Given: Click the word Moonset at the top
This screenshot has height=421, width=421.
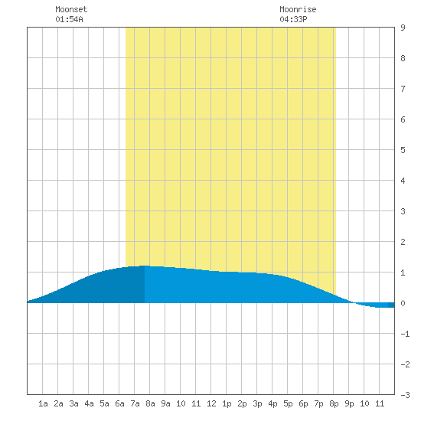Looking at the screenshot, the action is pos(71,9).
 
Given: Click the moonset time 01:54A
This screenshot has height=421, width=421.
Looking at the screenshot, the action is pos(69,19).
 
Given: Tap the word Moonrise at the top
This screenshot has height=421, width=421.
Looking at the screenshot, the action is pos(298,9).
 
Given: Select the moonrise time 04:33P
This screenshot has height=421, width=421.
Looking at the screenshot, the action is pos(293,19).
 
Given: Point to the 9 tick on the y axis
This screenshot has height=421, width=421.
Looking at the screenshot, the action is pos(403,28).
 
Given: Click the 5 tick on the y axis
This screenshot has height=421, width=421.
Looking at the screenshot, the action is pos(403,150).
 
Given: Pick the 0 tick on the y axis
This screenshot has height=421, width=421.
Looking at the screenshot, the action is pos(403,303).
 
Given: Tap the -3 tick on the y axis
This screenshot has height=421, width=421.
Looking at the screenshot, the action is pos(405,395).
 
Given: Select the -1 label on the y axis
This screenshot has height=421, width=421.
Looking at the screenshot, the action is pos(405,334).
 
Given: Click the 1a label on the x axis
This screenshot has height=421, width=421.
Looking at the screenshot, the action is pos(43,403).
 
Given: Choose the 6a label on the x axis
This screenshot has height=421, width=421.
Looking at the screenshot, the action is pos(119,403).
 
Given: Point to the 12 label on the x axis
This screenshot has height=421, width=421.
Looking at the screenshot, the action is pos(211,403).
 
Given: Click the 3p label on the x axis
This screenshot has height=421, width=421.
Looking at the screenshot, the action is pos(257,403).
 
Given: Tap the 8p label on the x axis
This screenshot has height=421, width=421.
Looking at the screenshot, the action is pos(334,403).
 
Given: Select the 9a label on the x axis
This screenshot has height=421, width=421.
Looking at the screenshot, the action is pos(165,403).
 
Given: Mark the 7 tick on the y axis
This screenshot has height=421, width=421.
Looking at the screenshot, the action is pos(403,89).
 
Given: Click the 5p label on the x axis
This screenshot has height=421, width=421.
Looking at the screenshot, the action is pos(288,403).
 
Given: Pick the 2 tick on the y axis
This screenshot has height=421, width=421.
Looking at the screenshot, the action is pos(403,242).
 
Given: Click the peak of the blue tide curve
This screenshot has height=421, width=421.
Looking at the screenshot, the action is pos(145,266).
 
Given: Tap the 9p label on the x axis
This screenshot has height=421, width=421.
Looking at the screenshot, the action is pos(349,403).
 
